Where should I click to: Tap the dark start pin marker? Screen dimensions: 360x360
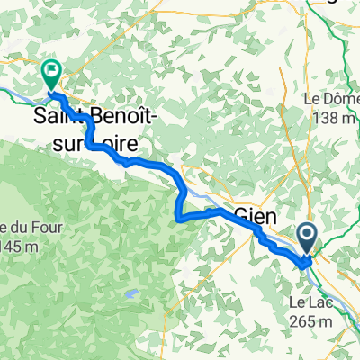pyautogui.click(x=307, y=238)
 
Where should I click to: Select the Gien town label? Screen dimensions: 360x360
pyautogui.click(x=256, y=213)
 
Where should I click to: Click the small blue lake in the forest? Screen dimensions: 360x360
pyautogui.click(x=132, y=293)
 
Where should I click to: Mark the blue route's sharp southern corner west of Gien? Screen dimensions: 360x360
pyautogui.click(x=175, y=216)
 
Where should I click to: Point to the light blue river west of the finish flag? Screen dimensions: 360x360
pyautogui.click(x=13, y=90)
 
